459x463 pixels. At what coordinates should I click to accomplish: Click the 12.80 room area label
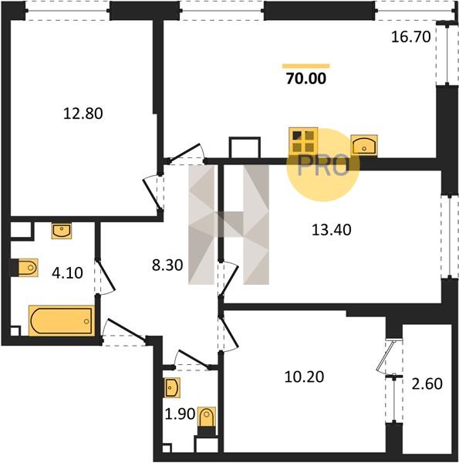(x=83, y=113)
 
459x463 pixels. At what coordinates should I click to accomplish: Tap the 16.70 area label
(x=411, y=37)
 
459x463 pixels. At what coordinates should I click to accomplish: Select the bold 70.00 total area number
(x=306, y=79)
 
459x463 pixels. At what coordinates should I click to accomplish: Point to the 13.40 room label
(x=332, y=230)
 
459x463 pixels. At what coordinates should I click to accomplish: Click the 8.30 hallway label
(x=167, y=265)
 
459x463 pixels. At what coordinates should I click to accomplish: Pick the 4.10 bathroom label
(x=67, y=273)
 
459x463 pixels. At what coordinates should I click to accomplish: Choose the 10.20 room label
(x=304, y=377)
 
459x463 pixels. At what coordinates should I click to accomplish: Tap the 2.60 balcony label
(x=427, y=384)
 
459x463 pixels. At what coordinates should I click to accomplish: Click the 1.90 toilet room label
(x=180, y=414)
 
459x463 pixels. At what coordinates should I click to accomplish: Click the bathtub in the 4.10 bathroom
(x=62, y=321)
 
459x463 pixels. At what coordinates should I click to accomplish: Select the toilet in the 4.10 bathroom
(x=28, y=268)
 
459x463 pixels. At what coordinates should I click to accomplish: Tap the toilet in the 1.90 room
(x=207, y=417)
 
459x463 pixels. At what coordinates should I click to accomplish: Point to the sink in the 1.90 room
(x=172, y=387)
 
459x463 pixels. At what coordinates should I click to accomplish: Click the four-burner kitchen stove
(x=303, y=141)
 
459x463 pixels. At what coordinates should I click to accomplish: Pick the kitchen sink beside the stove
(x=364, y=145)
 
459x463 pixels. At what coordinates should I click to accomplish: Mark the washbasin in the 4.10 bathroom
(x=62, y=231)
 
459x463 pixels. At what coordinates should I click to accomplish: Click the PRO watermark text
(x=323, y=165)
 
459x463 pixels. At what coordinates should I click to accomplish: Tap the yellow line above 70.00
(x=305, y=66)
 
